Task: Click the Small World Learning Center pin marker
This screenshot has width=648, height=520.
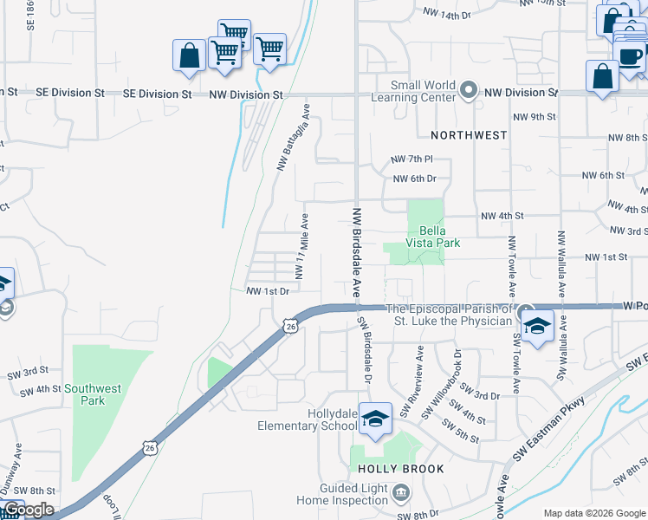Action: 469,90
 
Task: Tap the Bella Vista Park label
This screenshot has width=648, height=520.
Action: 439,237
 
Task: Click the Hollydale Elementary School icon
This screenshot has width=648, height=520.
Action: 376,419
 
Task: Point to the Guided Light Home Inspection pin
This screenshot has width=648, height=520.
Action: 400,493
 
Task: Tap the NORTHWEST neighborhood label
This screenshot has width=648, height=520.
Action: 469,135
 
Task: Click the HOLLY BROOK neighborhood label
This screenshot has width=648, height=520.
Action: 401,469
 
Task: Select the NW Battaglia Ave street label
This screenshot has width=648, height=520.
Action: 293,136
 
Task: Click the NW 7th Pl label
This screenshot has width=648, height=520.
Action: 411,159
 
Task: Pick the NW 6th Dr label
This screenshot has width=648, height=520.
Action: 414,179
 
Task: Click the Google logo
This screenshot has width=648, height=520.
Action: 29,510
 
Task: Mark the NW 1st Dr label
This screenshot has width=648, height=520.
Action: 267,291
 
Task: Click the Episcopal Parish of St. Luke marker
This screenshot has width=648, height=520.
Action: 527,310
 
